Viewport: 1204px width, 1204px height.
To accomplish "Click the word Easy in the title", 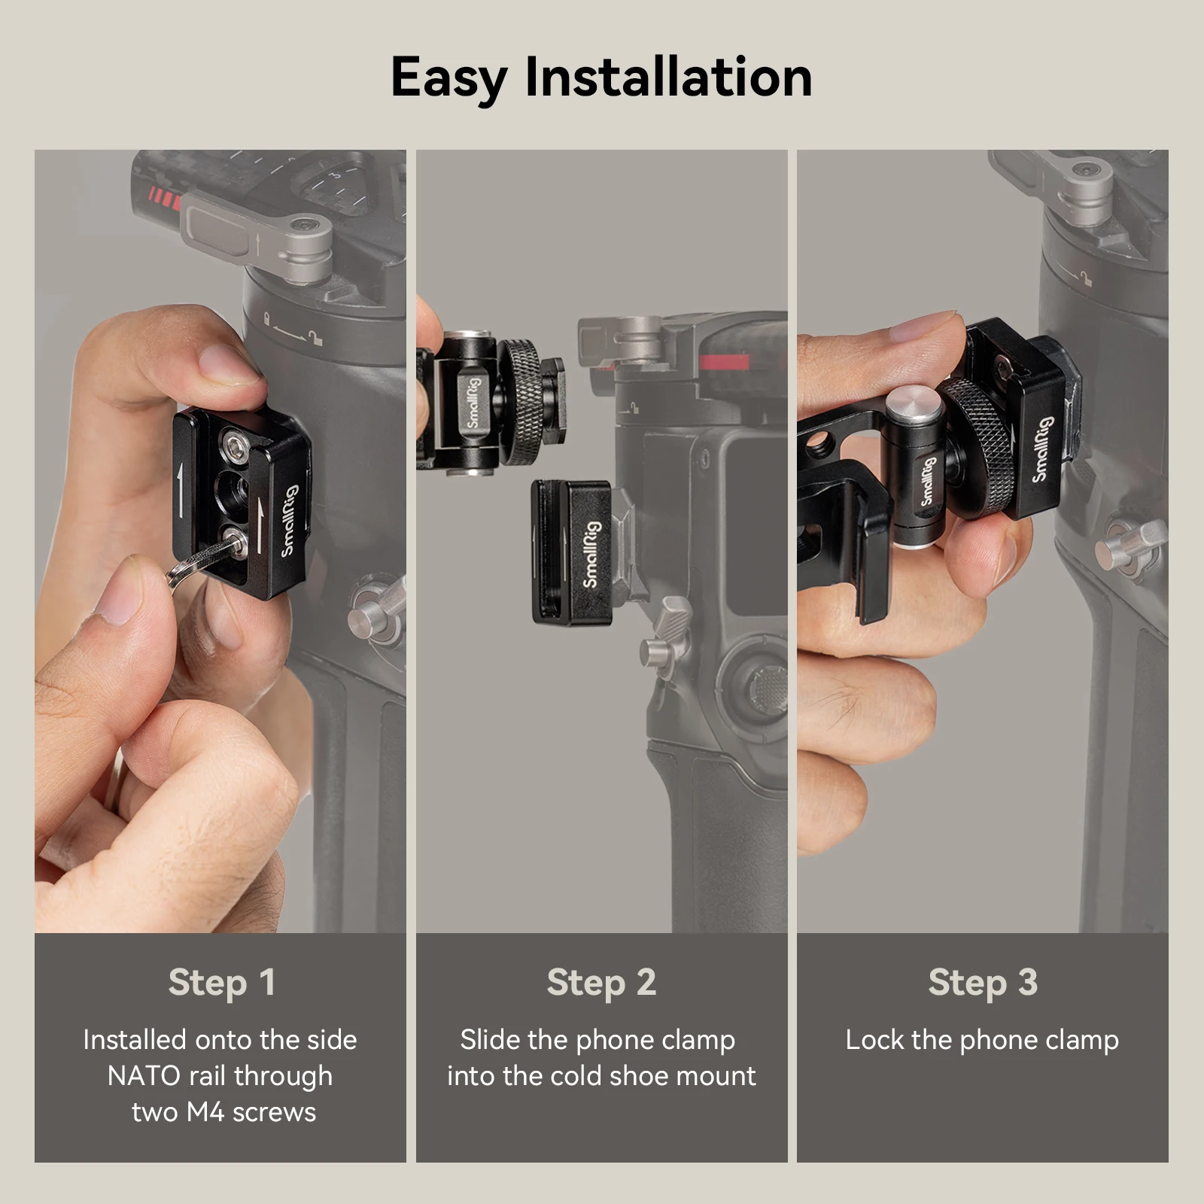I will click(x=448, y=78).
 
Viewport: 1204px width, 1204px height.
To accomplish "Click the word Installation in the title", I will click(x=668, y=78).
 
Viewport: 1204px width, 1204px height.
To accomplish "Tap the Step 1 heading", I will click(x=221, y=982).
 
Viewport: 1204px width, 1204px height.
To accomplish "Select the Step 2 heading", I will click(x=601, y=982).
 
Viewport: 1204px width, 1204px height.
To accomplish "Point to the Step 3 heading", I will click(x=982, y=982).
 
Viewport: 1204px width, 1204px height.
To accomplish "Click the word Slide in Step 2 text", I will click(x=490, y=1040).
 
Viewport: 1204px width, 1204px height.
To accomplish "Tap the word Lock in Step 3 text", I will click(x=874, y=1040).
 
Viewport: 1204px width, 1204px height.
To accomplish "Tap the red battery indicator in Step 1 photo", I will click(x=164, y=199).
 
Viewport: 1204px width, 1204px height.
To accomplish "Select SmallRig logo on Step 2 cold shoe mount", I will click(x=591, y=554).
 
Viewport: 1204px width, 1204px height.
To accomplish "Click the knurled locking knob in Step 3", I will click(x=978, y=444).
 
